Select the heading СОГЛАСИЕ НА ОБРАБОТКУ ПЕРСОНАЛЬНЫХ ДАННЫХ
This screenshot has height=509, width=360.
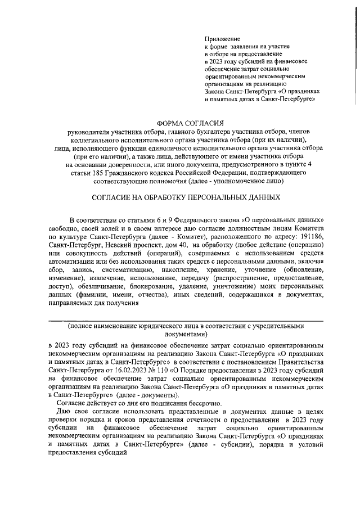[185, 199]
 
